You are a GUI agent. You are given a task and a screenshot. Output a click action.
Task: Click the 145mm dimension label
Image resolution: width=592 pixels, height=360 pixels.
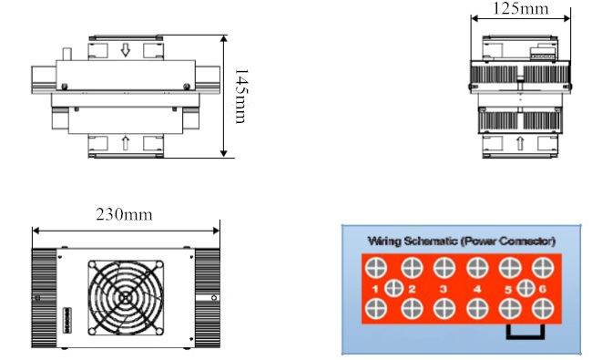241,96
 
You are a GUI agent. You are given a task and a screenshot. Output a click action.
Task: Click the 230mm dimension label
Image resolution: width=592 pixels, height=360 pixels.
124,214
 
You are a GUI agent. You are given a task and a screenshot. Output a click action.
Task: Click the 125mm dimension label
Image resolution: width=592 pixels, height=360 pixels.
521,8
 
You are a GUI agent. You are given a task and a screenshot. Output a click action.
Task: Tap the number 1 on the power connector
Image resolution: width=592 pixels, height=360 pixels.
375,289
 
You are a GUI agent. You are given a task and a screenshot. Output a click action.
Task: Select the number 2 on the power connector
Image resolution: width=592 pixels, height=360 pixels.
412,289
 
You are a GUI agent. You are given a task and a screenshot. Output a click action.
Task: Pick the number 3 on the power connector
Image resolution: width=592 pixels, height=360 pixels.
444,289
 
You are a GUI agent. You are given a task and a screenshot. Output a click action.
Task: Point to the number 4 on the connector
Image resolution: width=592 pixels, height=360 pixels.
477,289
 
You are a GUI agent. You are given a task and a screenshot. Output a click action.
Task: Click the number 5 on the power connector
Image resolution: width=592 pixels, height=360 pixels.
508,290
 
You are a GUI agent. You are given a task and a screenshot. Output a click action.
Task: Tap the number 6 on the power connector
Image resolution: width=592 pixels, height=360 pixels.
542,289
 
